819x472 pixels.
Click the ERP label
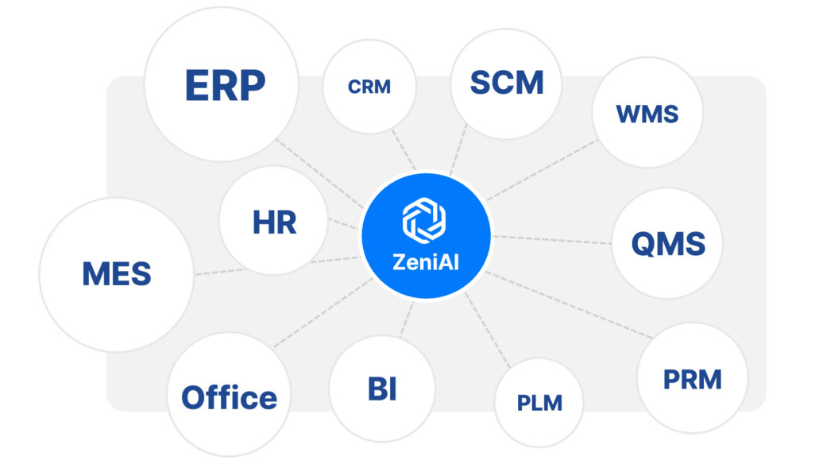pyautogui.click(x=225, y=86)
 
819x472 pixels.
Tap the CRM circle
pyautogui.click(x=369, y=87)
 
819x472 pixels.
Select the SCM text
pyautogui.click(x=506, y=83)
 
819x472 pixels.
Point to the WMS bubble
pyautogui.click(x=647, y=114)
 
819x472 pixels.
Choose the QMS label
pyautogui.click(x=668, y=243)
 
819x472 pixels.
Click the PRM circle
pyautogui.click(x=693, y=379)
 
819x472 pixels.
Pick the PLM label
pyautogui.click(x=539, y=403)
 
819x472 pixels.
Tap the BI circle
pyautogui.click(x=382, y=390)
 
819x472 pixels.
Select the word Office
pyautogui.click(x=229, y=397)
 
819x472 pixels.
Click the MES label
pyautogui.click(x=116, y=274)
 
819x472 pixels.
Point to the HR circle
pyautogui.click(x=274, y=223)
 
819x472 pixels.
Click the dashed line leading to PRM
pyautogui.click(x=564, y=303)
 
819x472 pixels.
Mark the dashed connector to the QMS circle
pyautogui.click(x=552, y=238)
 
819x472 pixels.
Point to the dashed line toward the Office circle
pyautogui.click(x=318, y=315)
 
